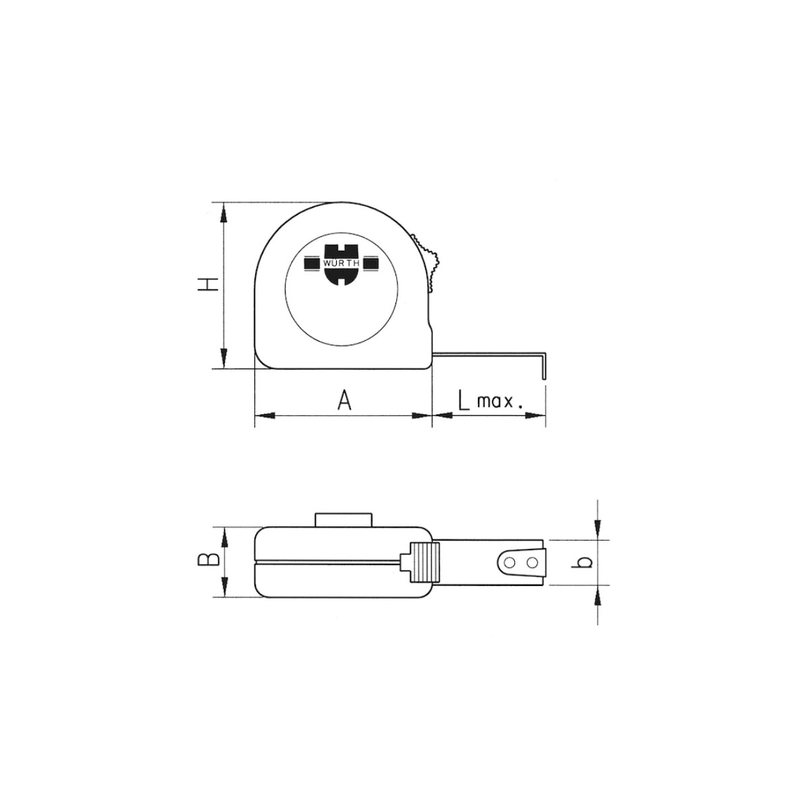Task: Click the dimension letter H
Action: [208, 284]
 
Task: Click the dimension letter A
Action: [344, 400]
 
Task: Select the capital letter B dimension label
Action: [208, 559]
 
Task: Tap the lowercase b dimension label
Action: [583, 562]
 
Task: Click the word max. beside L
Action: [500, 403]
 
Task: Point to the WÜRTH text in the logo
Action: [341, 263]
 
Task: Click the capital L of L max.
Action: [463, 400]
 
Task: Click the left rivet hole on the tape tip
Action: [510, 562]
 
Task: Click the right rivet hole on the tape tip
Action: [533, 562]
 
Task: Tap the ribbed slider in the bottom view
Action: [425, 562]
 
